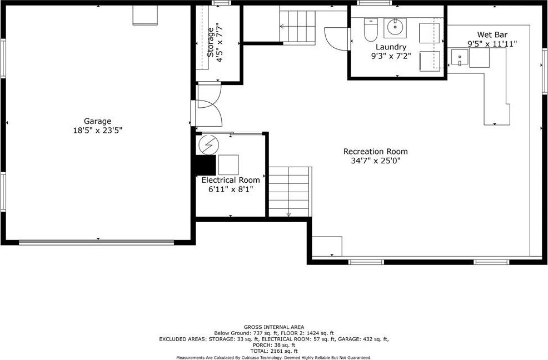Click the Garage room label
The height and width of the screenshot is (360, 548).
point(97,121)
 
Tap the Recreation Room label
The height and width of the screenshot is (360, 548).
point(375,151)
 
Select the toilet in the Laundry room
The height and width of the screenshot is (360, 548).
point(371,30)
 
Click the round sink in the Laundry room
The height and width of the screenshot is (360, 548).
point(395,27)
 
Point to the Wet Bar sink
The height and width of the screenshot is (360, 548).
point(459,57)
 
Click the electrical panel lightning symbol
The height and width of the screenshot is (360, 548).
point(208,144)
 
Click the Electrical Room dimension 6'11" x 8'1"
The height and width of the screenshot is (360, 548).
point(231,189)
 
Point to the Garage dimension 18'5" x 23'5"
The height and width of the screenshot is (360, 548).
point(97,131)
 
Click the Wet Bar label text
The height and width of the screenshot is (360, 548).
point(492,34)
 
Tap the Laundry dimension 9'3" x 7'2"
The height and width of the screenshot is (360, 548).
point(391,56)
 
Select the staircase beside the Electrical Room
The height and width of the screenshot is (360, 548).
point(290,192)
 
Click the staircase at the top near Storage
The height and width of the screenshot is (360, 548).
point(298,27)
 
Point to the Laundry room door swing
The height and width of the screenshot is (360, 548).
point(337,39)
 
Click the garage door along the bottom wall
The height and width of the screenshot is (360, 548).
point(97,242)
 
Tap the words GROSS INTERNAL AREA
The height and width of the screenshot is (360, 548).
point(274,327)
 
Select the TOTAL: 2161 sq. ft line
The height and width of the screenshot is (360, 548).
point(274,351)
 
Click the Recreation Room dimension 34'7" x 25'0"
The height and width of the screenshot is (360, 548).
point(376,161)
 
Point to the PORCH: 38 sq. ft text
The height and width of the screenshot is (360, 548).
point(274,345)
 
